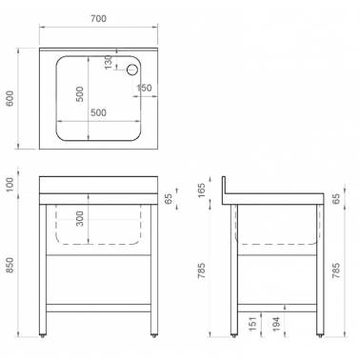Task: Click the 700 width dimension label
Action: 98,19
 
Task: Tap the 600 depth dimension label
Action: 10,98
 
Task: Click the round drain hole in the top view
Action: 132,70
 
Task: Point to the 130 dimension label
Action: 108,62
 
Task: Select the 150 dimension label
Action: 144,88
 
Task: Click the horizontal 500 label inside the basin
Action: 98,112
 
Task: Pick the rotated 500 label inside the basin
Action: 80,94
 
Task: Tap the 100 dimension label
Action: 10,185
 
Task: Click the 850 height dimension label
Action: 10,266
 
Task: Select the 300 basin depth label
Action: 80,219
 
